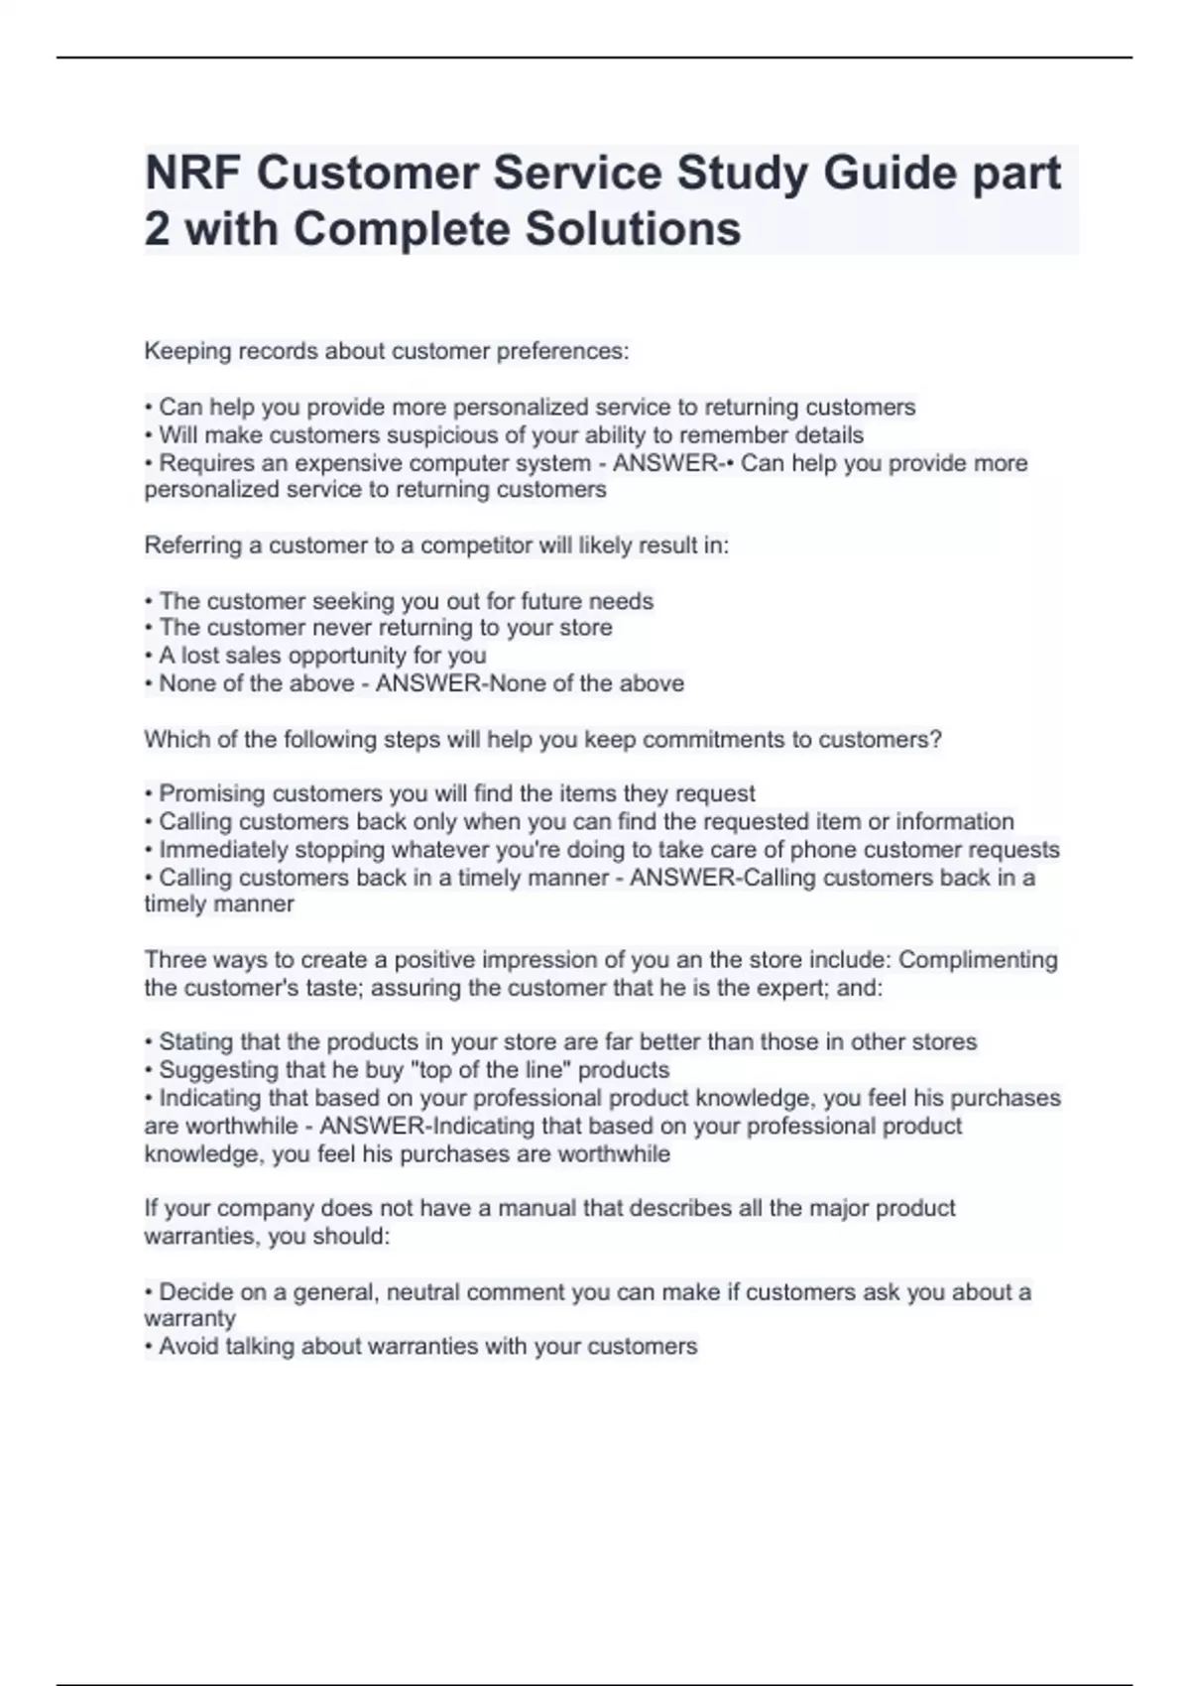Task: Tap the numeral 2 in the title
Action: pyautogui.click(x=157, y=229)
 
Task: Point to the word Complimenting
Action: pyautogui.click(x=978, y=960)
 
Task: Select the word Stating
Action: pyautogui.click(x=193, y=1042)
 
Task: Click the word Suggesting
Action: pyautogui.click(x=212, y=1070)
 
